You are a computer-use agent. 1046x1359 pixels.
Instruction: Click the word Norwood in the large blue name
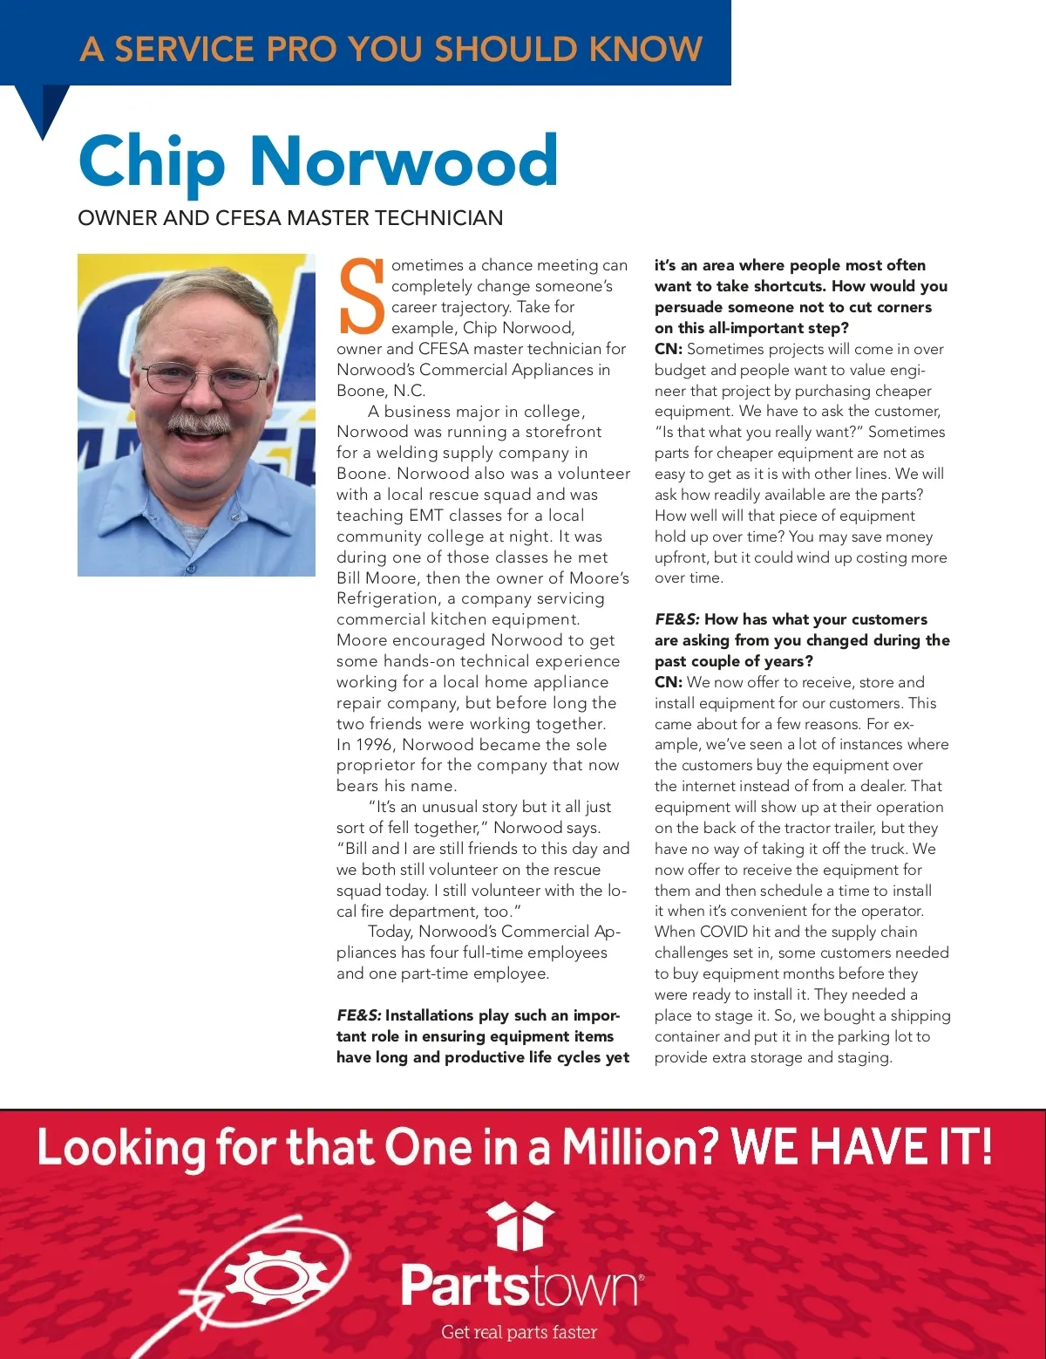(404, 162)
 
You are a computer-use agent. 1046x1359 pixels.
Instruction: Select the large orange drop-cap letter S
(361, 297)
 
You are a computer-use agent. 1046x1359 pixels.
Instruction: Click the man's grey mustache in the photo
(199, 422)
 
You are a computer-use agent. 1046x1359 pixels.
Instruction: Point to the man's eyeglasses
(206, 377)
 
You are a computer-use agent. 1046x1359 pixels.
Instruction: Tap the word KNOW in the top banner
(646, 49)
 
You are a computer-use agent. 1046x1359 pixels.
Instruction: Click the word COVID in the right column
(723, 932)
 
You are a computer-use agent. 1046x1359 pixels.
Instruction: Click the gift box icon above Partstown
(520, 1225)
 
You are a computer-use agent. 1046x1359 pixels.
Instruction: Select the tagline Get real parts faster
(520, 1332)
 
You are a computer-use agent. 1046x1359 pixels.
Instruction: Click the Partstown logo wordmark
(520, 1285)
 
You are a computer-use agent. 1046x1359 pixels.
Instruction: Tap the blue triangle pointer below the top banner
(44, 108)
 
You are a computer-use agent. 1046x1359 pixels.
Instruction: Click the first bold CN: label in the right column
(669, 349)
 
